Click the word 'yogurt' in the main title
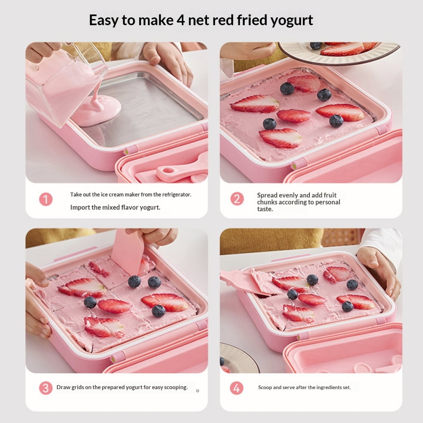pyautogui.click(x=292, y=21)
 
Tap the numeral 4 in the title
pyautogui.click(x=181, y=20)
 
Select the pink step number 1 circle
pyautogui.click(x=46, y=200)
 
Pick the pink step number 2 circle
pyautogui.click(x=237, y=199)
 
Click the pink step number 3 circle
pyautogui.click(x=46, y=388)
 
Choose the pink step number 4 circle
pyautogui.click(x=237, y=388)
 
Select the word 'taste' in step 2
pyautogui.click(x=265, y=209)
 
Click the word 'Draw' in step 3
pyautogui.click(x=63, y=387)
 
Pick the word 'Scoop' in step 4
pyautogui.click(x=265, y=387)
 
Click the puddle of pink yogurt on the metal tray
pyautogui.click(x=97, y=111)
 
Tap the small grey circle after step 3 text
pyautogui.click(x=197, y=391)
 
